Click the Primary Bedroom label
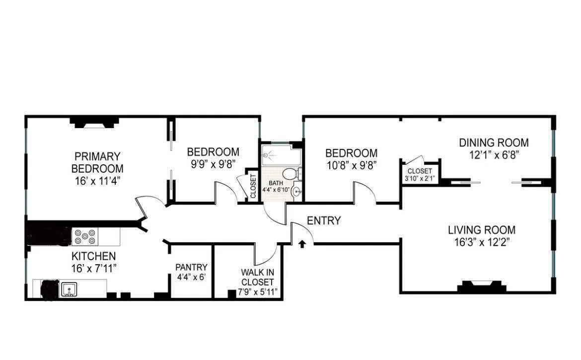97,162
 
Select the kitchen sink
69,288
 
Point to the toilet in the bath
290,174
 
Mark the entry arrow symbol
301,244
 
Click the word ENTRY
324,221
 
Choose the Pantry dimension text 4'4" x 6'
191,278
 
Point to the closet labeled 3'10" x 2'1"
420,174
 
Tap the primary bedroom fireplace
94,122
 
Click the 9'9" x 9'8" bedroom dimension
213,163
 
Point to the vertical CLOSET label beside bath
253,186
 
